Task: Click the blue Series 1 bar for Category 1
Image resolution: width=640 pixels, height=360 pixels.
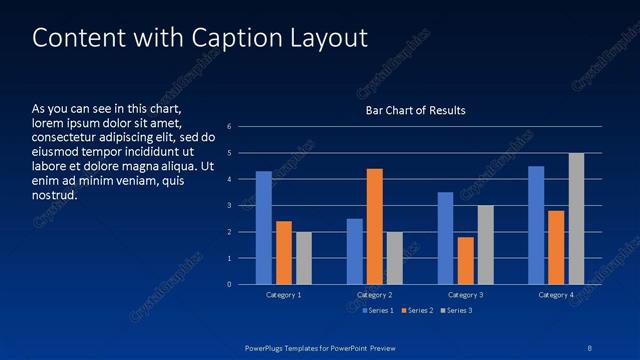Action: point(264,228)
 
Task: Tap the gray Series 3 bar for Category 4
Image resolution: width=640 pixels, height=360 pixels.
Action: point(576,219)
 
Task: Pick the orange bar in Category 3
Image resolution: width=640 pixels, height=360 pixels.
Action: point(465,261)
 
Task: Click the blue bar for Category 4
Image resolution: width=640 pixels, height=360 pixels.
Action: point(536,225)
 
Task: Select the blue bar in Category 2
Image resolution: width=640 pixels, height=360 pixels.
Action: point(355,251)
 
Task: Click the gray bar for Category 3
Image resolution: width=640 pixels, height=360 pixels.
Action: point(485,245)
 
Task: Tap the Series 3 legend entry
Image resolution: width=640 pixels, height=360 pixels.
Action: point(457,311)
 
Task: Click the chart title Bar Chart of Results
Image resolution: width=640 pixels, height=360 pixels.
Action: point(416,110)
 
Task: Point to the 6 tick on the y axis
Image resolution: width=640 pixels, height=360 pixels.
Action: point(230,127)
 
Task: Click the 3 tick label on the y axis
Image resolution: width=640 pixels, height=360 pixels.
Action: point(230,206)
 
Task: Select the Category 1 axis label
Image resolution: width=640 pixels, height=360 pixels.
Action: point(284,295)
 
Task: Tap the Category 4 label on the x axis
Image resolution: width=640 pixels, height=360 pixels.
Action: point(556,295)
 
